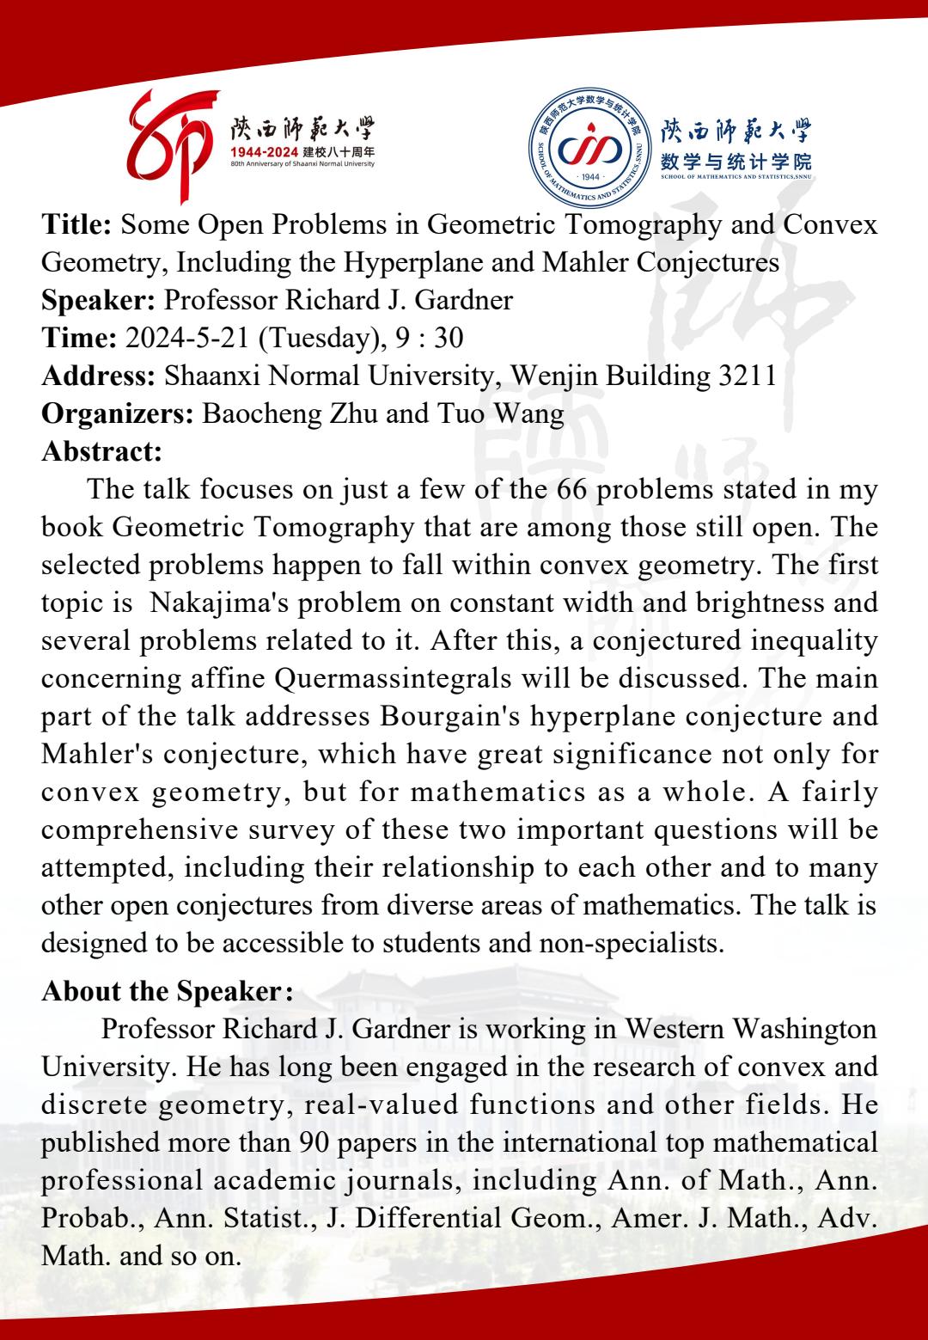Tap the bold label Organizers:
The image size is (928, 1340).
tap(118, 413)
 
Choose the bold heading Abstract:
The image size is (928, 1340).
tap(101, 450)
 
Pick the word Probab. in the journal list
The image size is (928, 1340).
tap(79, 1218)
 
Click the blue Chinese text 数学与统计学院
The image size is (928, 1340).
tap(736, 161)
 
